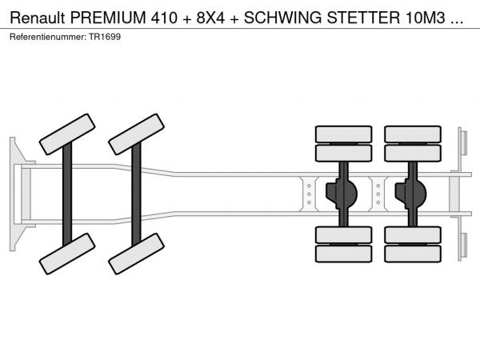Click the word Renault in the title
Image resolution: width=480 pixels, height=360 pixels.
38,18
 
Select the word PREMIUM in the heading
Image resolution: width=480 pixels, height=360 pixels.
108,18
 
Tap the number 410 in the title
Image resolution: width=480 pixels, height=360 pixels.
164,18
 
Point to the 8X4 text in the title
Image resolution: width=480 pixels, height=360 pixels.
210,18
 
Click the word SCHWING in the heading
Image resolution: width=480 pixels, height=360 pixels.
282,18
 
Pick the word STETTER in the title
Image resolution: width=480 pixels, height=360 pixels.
363,18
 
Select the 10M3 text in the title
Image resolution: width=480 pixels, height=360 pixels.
426,18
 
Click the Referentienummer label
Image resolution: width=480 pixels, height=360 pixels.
48,37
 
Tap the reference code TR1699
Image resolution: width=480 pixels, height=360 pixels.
105,37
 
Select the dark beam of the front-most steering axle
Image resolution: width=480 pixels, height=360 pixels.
67,194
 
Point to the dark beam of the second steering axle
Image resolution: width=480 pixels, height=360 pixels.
136,194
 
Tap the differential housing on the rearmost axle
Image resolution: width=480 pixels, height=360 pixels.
411,194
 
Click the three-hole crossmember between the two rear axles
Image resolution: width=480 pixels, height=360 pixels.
378,194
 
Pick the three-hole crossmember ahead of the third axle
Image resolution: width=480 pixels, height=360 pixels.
309,194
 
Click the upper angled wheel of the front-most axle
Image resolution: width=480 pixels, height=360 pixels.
67,134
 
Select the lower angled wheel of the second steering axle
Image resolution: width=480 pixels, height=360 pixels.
137,254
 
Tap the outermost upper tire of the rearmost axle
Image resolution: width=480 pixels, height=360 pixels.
413,134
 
